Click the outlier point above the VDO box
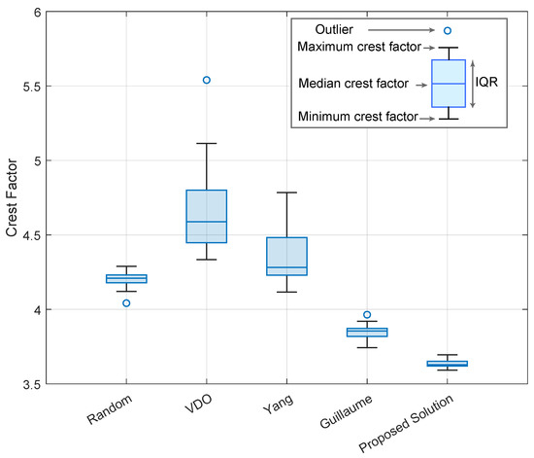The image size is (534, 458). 207,80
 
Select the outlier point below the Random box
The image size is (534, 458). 126,302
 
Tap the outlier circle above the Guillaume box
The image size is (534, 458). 367,315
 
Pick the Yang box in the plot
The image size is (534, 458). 286,256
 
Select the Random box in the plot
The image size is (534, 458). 126,278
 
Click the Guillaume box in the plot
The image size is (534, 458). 367,332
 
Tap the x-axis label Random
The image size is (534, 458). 114,409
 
